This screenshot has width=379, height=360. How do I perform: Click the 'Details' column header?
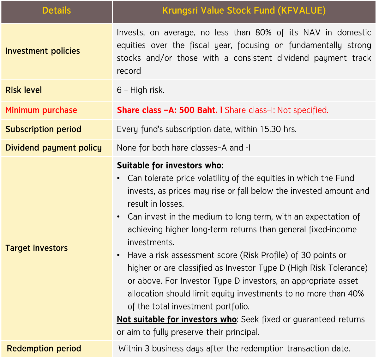click(57, 10)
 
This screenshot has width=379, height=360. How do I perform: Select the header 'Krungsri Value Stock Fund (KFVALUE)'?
click(244, 10)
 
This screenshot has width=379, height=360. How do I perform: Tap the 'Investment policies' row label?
click(43, 51)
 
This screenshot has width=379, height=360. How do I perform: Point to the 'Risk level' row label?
click(24, 90)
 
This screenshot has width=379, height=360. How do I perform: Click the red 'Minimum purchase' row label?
click(41, 110)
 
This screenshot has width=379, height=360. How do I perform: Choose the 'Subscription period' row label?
click(43, 129)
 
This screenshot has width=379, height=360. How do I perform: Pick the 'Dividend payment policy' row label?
click(54, 148)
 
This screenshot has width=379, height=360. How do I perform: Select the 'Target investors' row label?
click(37, 248)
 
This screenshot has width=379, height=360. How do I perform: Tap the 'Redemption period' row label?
click(44, 348)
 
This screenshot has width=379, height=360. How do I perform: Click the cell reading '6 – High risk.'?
click(141, 90)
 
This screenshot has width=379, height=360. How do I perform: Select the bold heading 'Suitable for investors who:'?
click(170, 165)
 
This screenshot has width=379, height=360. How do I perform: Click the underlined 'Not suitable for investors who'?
click(177, 319)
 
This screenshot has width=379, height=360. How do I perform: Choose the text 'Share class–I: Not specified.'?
click(277, 110)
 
